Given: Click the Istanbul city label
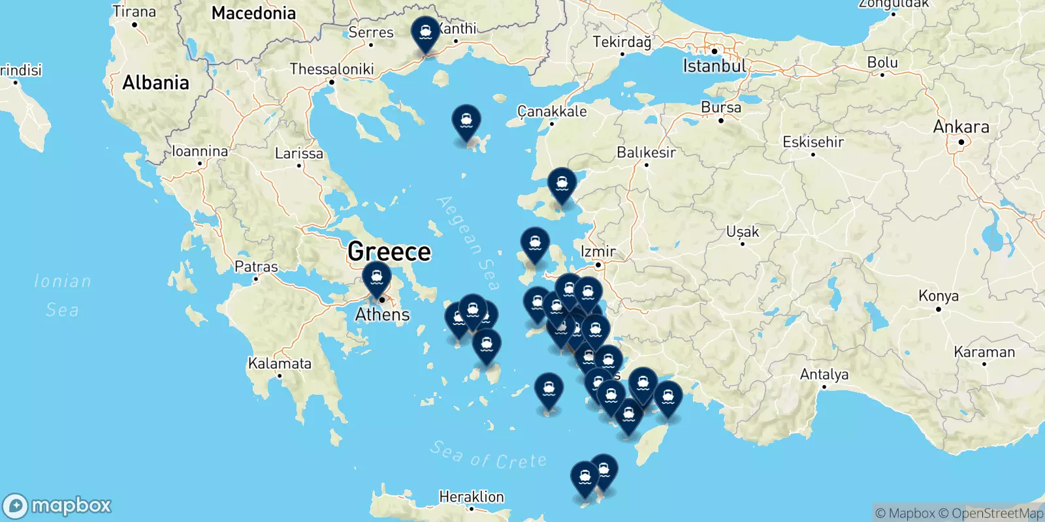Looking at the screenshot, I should [714, 66].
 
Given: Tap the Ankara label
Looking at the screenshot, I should [961, 127].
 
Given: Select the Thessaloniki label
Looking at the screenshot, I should [332, 69].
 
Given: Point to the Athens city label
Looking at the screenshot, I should [382, 315].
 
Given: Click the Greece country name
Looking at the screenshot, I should [389, 251].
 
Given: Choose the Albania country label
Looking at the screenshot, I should [155, 83].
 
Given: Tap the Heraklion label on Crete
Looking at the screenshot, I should [472, 497].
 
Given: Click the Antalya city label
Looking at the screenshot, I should [824, 375].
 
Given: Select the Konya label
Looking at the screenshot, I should [939, 296].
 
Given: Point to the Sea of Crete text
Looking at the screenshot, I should [489, 455].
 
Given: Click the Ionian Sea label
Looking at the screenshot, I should [63, 295].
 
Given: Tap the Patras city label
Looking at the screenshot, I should [256, 267].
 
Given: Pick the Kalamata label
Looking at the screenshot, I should [280, 363].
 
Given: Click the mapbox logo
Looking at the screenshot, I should [57, 506].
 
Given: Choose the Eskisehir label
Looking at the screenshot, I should [813, 142].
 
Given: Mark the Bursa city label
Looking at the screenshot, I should [721, 108].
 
